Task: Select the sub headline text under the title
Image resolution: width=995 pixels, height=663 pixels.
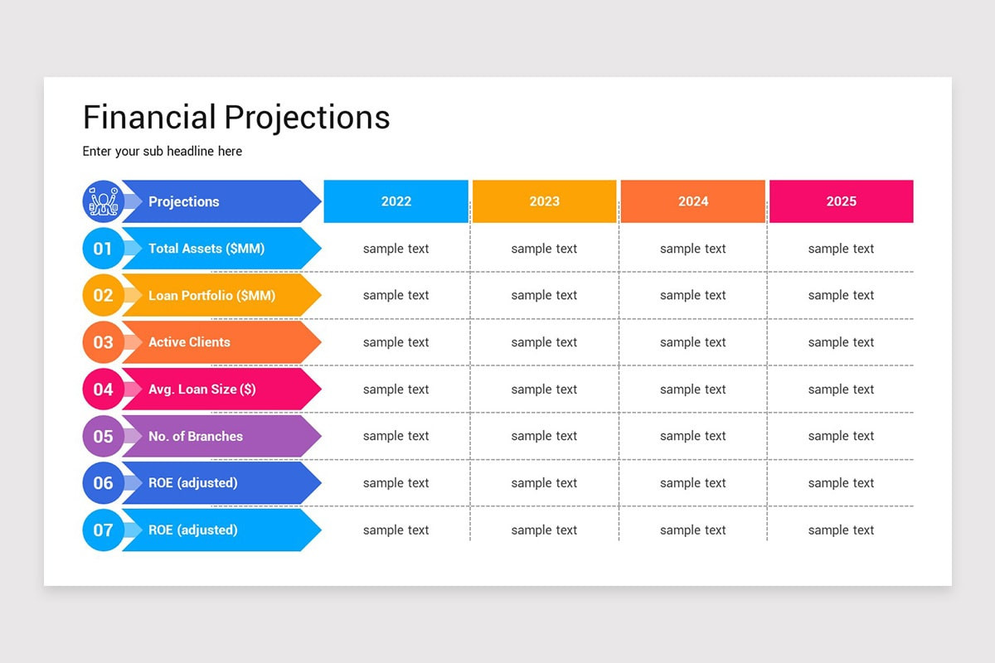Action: pyautogui.click(x=163, y=152)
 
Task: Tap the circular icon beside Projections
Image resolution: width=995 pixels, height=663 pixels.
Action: pyautogui.click(x=103, y=201)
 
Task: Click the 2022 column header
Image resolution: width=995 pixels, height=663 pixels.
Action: pyautogui.click(x=396, y=201)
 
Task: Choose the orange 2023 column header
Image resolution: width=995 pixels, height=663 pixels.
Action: pyautogui.click(x=544, y=201)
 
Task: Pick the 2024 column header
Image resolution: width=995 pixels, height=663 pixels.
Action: pyautogui.click(x=692, y=201)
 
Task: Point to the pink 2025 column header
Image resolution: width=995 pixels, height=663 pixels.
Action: pyautogui.click(x=841, y=201)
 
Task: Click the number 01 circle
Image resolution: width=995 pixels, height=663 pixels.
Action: pyautogui.click(x=103, y=249)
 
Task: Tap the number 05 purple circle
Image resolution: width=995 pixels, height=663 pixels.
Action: pyautogui.click(x=103, y=436)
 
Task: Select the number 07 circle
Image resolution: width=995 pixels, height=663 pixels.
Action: pyautogui.click(x=103, y=530)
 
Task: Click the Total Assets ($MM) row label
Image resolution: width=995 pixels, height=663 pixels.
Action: pyautogui.click(x=206, y=249)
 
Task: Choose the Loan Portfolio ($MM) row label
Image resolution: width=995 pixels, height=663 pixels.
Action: pyautogui.click(x=211, y=295)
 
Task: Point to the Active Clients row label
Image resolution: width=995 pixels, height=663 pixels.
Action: pyautogui.click(x=189, y=342)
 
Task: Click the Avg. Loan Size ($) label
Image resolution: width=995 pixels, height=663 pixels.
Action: pyautogui.click(x=201, y=390)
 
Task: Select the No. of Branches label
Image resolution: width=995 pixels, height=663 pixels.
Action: pyautogui.click(x=196, y=436)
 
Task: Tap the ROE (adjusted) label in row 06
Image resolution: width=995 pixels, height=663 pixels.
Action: pyautogui.click(x=192, y=483)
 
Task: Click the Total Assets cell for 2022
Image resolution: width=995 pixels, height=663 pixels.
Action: pyautogui.click(x=396, y=249)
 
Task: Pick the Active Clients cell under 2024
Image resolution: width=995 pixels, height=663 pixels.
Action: pyautogui.click(x=692, y=342)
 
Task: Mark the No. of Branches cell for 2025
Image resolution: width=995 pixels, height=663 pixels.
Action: pyautogui.click(x=841, y=436)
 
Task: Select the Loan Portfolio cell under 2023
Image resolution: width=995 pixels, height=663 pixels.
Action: pyautogui.click(x=544, y=295)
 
